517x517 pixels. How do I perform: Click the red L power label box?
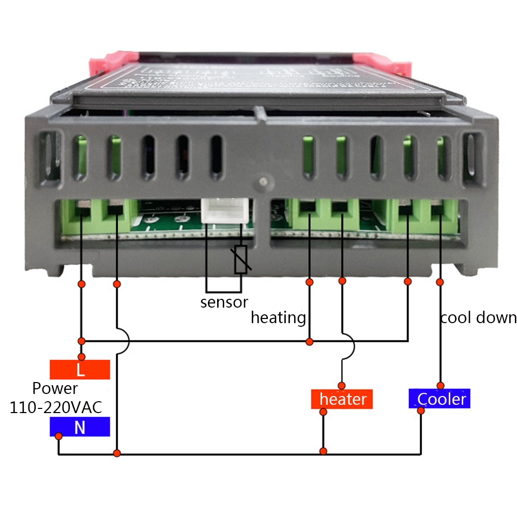click(80, 370)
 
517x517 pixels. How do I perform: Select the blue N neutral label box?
click(80, 427)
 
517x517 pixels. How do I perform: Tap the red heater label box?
click(342, 399)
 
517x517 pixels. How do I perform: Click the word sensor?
click(224, 302)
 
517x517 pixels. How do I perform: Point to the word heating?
click(278, 317)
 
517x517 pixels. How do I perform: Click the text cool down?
click(478, 317)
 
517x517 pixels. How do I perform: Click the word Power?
click(55, 388)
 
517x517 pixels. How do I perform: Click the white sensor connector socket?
click(223, 210)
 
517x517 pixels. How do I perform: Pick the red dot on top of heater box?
click(341, 386)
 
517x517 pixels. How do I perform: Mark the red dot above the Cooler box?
click(440, 386)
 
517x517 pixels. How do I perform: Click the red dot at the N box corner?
click(58, 436)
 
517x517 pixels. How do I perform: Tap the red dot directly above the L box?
click(81, 357)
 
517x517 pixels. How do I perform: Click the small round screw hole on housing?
click(264, 182)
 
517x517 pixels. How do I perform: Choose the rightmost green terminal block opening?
click(439, 210)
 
